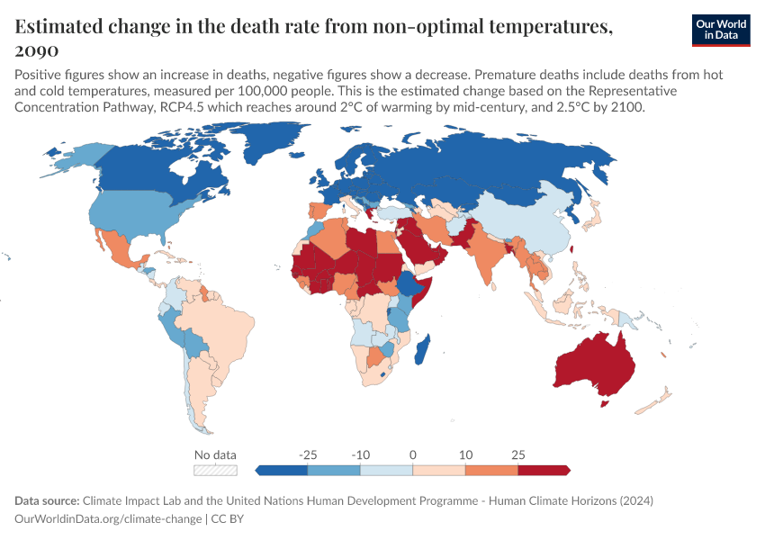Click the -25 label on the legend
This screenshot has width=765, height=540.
(x=308, y=454)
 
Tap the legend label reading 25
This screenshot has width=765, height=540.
(x=517, y=454)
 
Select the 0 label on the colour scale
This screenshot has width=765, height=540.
(x=412, y=454)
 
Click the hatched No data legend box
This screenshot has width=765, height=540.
(x=215, y=470)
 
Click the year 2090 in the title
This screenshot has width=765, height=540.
(x=37, y=49)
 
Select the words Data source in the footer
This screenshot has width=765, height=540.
(x=46, y=500)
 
